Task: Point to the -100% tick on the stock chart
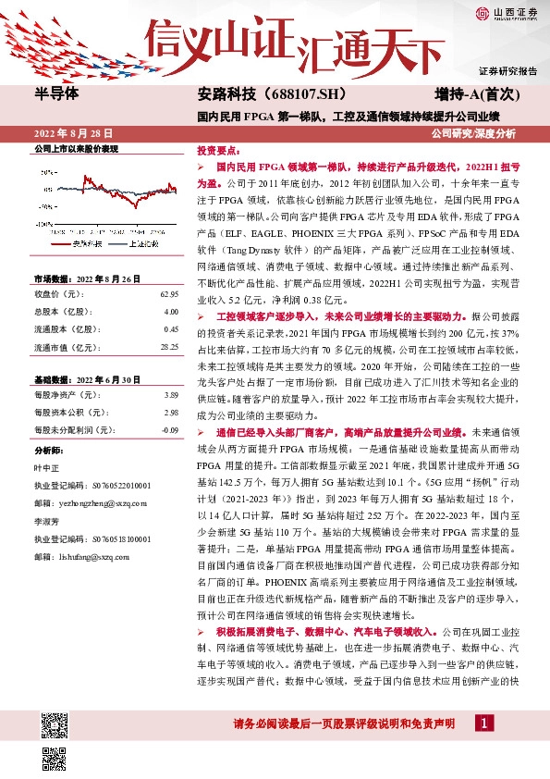(43, 223)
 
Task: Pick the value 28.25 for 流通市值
(168, 346)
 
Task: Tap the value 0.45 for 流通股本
(170, 328)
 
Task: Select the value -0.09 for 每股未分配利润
(169, 430)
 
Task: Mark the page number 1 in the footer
(483, 723)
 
